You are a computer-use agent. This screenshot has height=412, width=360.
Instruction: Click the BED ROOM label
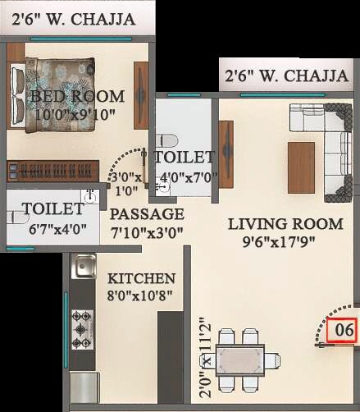click(x=77, y=96)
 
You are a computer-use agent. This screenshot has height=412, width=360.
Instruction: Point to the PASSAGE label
click(x=147, y=215)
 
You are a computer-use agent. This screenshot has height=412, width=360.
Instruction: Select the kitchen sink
click(x=83, y=268)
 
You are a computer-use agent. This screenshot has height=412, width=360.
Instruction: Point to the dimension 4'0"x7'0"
click(x=184, y=174)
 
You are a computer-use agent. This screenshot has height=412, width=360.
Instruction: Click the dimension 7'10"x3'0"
click(x=147, y=233)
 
